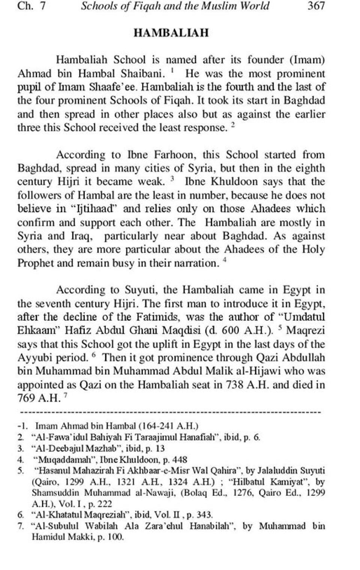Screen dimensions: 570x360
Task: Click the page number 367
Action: point(316,6)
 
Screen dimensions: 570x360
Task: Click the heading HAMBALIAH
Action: point(171,33)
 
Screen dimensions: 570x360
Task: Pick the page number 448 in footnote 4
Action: point(180,459)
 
